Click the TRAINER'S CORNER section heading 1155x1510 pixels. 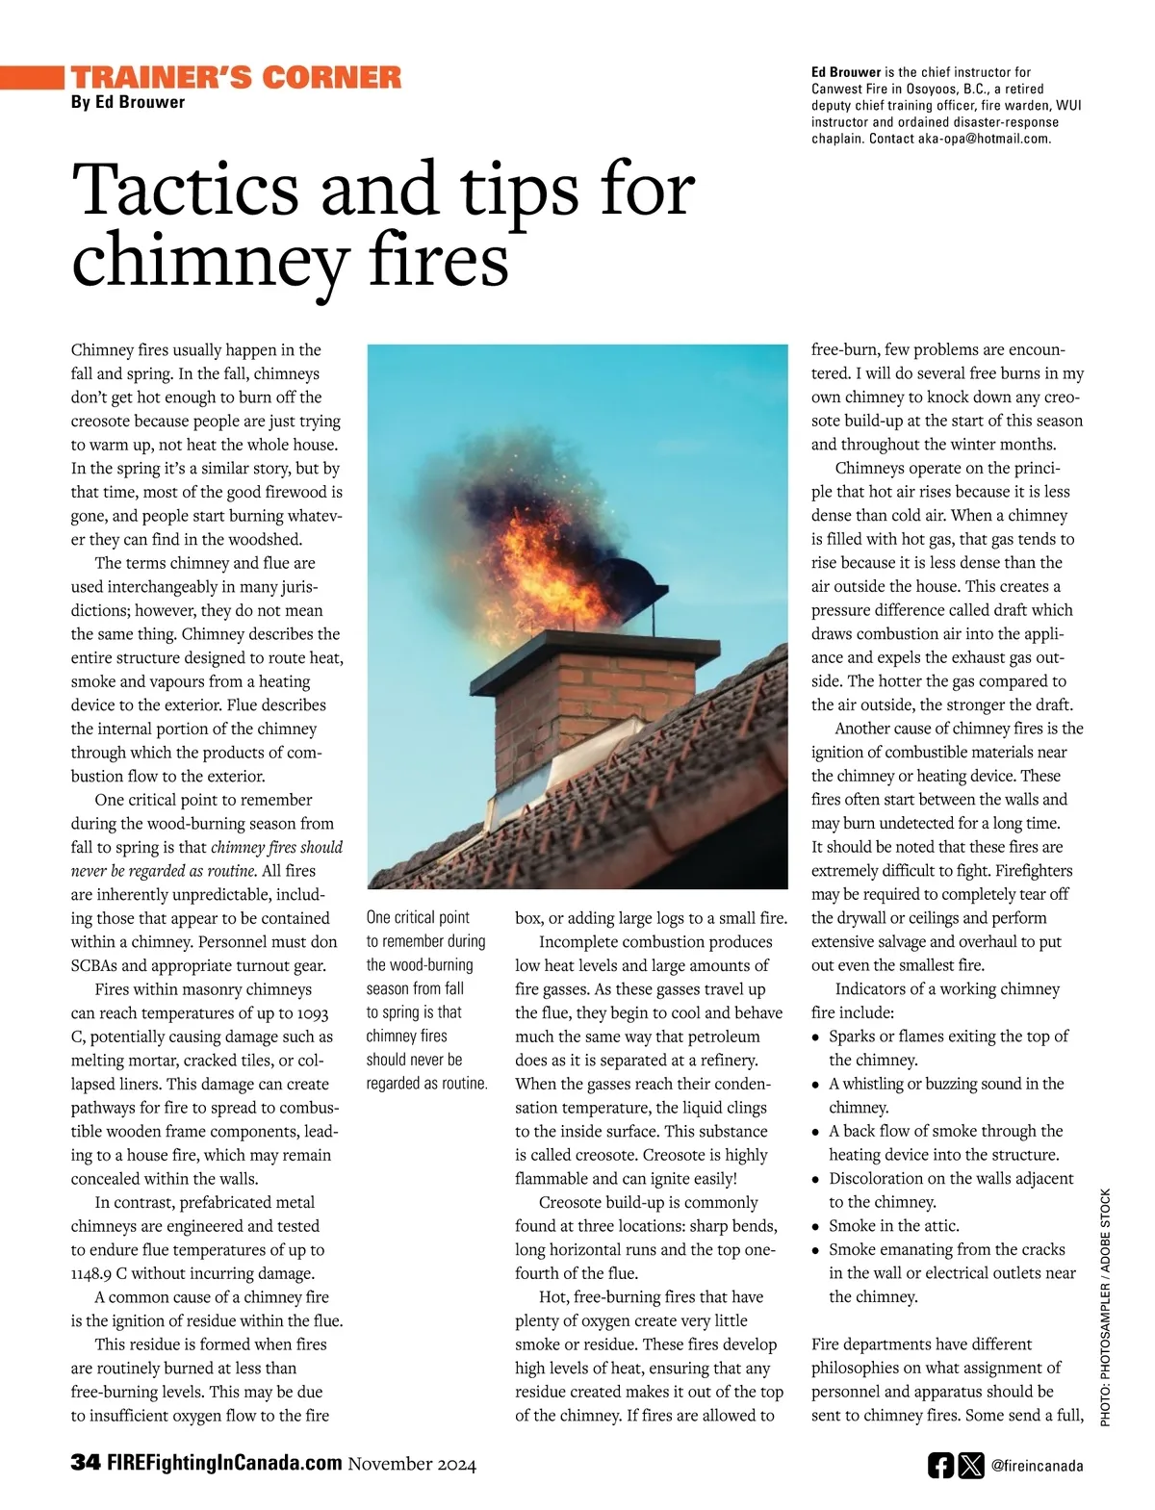[x=236, y=78]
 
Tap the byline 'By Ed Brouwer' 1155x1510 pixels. [x=127, y=102]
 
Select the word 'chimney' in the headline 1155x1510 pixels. [x=208, y=261]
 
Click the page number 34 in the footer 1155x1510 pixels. [x=85, y=1463]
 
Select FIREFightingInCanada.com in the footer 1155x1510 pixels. [x=224, y=1463]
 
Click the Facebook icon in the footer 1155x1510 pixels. [x=940, y=1466]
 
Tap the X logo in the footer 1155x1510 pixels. [x=971, y=1466]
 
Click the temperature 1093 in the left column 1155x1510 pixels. [x=313, y=1013]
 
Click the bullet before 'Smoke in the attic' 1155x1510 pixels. [x=816, y=1227]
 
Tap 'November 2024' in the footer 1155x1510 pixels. [x=412, y=1464]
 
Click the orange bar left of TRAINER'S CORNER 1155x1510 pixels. [x=32, y=77]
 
